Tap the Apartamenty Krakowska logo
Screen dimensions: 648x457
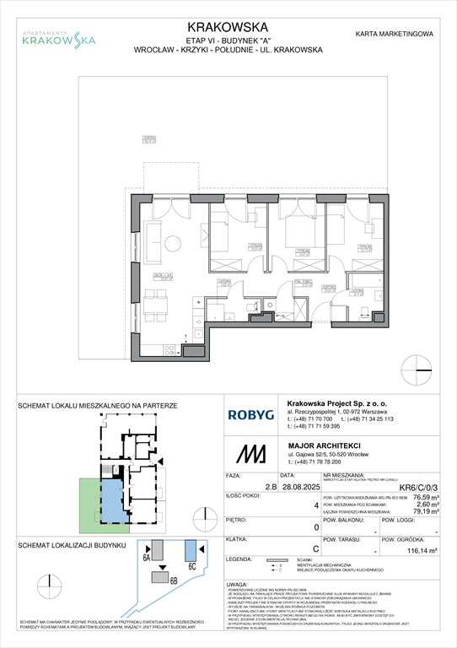58,36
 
